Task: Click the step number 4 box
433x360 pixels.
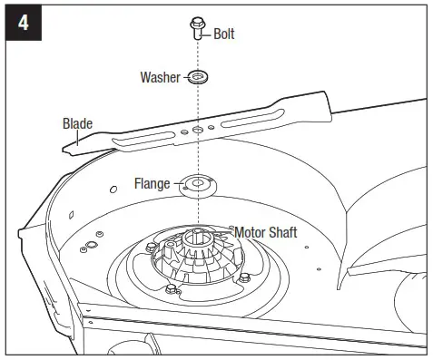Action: (23, 22)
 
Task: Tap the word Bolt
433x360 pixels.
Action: (223, 34)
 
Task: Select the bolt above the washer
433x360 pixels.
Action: (198, 27)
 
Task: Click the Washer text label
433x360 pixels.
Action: (160, 77)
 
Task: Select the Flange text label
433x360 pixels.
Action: (153, 184)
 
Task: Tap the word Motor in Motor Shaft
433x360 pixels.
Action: (250, 231)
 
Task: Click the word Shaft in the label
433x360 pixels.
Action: (281, 231)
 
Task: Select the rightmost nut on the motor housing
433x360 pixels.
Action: (243, 276)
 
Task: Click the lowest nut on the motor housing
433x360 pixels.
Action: (172, 290)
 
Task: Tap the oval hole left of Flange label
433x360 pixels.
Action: (113, 190)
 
